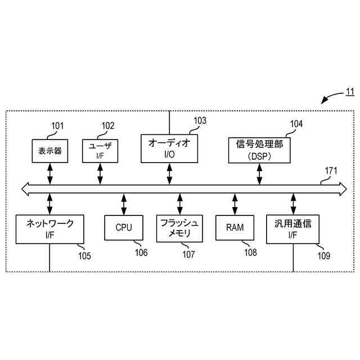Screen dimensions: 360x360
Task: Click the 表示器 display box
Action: coord(50,151)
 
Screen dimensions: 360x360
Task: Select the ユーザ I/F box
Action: coord(100,151)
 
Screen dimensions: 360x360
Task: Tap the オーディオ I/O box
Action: coord(169,148)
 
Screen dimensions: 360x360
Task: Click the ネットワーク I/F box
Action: coord(50,228)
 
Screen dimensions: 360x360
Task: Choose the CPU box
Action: coord(124,227)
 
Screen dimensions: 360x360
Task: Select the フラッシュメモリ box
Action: coord(179,228)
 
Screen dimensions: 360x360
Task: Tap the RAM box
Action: coord(235,227)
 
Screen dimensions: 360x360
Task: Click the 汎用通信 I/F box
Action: coord(292,228)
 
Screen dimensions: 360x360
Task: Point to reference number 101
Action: coord(57,125)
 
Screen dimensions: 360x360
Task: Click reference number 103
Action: coord(200,120)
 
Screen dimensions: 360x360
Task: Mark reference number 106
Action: coord(141,253)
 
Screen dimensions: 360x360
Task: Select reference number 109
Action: coord(323,255)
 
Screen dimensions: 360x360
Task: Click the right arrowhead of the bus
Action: coord(343,189)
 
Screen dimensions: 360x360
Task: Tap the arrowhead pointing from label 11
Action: coord(325,101)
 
